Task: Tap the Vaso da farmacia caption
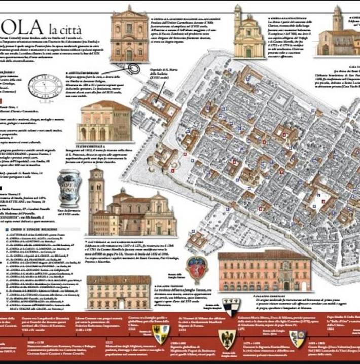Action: pyautogui.click(x=68, y=211)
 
